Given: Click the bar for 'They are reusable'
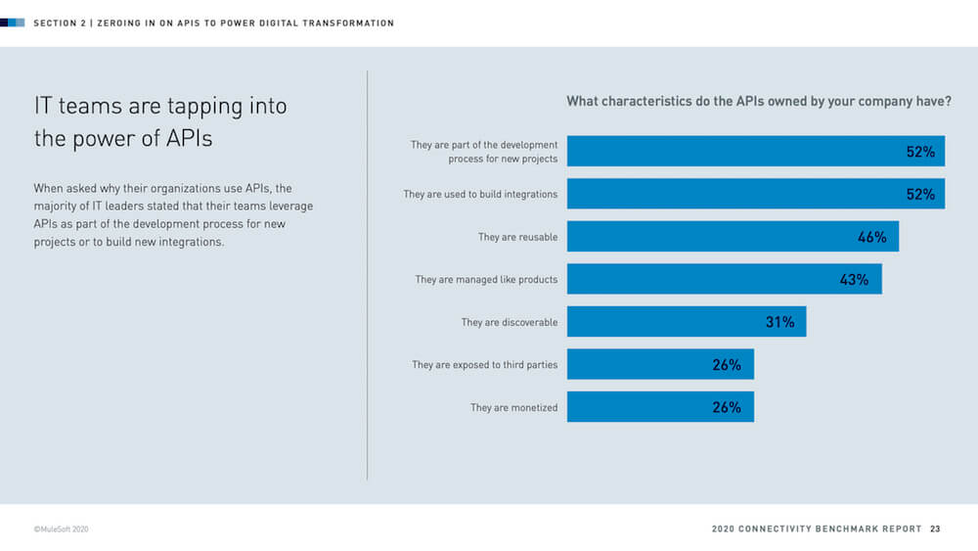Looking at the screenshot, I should pos(733,237).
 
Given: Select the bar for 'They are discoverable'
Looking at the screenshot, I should pos(687,322).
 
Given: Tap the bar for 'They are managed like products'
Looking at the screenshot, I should pos(724,279).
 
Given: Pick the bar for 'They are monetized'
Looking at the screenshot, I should pos(660,407).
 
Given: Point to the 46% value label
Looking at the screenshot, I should pos(871,237).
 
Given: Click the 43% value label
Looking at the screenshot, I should pos(854,280).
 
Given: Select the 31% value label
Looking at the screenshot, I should pos(779,322).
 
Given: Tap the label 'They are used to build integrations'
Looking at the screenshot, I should pos(480,195).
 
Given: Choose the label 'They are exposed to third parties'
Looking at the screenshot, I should pos(484,365).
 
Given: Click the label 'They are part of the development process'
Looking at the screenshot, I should pos(484,152).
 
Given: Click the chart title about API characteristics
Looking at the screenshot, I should pos(759,101).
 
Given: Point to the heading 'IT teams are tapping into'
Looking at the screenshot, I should pos(160,106).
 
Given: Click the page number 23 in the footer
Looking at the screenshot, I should pos(935,528).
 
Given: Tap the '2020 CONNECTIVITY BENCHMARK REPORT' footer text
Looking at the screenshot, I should pos(817,528).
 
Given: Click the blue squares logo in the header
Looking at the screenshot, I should pos(13,23).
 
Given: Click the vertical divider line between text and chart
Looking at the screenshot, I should pos(368,274).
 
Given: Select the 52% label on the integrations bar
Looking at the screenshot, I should pos(920,195).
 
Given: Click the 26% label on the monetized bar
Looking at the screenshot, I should pos(727,407).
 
